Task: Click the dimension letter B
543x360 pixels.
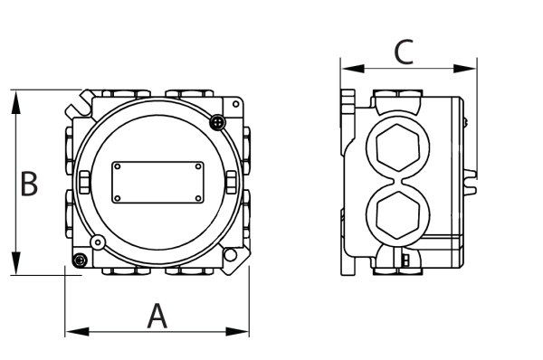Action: tap(29, 185)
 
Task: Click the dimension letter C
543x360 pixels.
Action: tap(405, 54)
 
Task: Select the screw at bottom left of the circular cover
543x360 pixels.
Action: tap(97, 242)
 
